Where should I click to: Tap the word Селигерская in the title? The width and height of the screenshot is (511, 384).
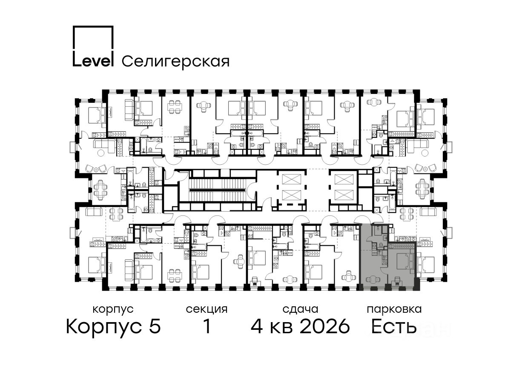tap(175, 61)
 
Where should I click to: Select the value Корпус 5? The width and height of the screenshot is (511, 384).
tap(113, 327)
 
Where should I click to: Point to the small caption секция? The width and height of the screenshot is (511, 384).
tap(207, 309)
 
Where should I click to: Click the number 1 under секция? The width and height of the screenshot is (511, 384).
tap(207, 326)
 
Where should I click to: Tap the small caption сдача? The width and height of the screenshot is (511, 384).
tap(300, 309)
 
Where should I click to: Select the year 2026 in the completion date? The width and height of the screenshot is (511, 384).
tap(325, 326)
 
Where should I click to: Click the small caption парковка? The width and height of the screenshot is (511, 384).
tap(394, 309)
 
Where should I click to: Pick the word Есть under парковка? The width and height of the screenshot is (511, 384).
tap(393, 326)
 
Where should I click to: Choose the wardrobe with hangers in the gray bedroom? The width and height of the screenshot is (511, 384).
tap(401, 246)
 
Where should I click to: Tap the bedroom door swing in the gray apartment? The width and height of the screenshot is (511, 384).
tap(384, 271)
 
